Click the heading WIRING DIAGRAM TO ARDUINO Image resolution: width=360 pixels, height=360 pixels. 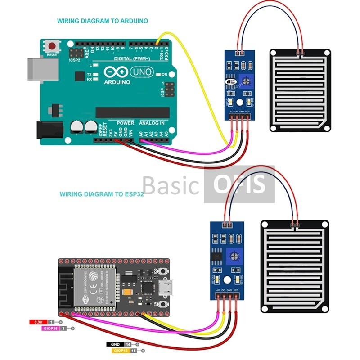102,21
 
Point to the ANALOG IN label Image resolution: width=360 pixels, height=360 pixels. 152,123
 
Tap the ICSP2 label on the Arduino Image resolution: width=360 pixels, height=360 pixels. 75,59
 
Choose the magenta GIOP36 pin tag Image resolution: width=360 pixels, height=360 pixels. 52,328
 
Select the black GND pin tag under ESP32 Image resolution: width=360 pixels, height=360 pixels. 114,344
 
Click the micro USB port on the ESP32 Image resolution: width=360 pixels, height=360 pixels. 167,287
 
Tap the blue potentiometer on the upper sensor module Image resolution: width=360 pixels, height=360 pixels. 245,81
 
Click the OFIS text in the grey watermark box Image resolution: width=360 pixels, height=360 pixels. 239,184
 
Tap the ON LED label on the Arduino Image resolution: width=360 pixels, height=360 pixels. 164,74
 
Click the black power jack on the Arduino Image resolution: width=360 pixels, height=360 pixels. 50,129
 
